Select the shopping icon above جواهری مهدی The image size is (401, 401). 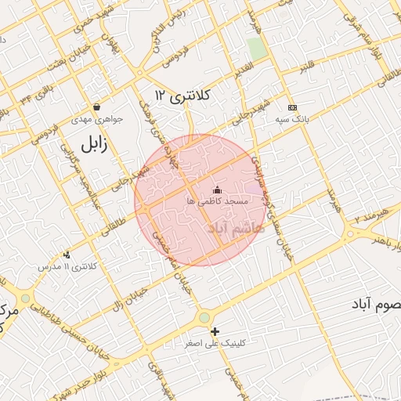click(96, 107)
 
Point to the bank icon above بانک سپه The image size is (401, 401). click(292, 107)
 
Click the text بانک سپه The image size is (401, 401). click(292, 120)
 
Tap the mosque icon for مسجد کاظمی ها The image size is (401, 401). click(217, 190)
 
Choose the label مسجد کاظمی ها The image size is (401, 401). click(217, 202)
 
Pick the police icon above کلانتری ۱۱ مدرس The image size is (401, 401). click(67, 255)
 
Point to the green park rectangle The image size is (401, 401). click(257, 49)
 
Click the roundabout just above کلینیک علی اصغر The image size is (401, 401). click(204, 316)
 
